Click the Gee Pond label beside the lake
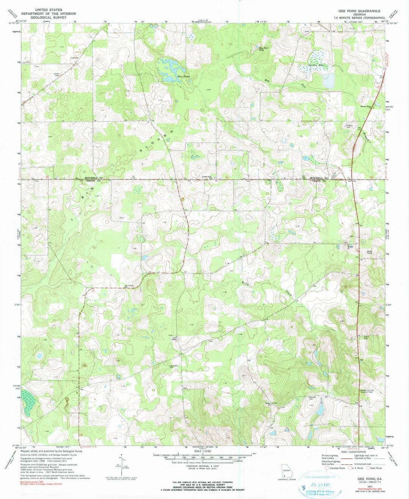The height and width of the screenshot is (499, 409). click(x=184, y=76)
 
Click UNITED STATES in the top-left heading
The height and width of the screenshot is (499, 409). click(x=48, y=9)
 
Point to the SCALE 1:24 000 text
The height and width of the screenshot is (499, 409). click(x=204, y=451)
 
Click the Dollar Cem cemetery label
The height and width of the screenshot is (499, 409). click(x=366, y=337)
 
